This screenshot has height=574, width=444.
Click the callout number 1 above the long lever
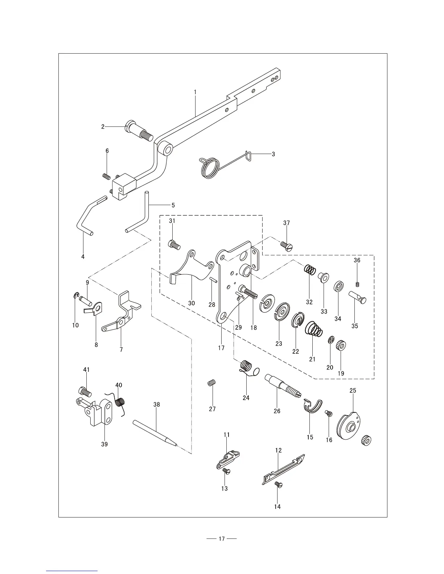pyautogui.click(x=195, y=92)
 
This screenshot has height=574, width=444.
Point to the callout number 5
pyautogui.click(x=173, y=205)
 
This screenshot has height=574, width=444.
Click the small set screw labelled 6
pyautogui.click(x=106, y=176)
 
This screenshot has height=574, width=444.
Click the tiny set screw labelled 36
pyautogui.click(x=357, y=284)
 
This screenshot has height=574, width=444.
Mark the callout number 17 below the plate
pyautogui.click(x=221, y=348)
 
